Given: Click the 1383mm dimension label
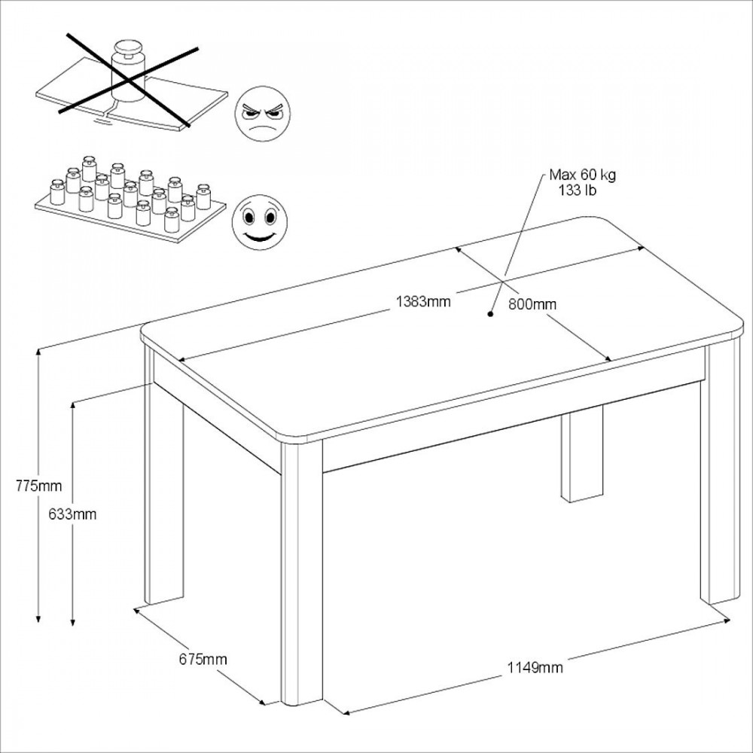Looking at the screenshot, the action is [x=423, y=302].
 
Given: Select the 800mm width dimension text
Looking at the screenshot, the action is [x=532, y=304].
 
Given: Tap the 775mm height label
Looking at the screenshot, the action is [x=39, y=486].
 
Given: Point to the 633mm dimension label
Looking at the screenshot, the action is [x=73, y=514].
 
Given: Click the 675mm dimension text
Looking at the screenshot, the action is [x=203, y=660].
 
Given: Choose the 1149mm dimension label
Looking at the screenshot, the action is [x=535, y=667].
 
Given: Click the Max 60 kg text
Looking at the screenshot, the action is [x=582, y=175].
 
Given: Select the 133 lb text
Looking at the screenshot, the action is [x=578, y=191].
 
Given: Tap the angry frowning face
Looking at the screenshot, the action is [x=262, y=114].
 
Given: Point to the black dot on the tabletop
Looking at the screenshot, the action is [x=490, y=315].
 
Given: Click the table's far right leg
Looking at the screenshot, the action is [x=718, y=473].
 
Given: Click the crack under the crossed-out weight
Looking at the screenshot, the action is [x=108, y=111].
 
